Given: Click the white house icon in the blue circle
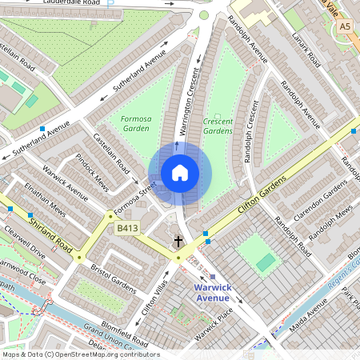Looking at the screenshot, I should click(x=180, y=173).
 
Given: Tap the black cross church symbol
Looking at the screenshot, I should click(x=178, y=241).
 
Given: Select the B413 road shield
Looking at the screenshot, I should click(x=128, y=229).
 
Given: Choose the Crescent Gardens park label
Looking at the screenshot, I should click(x=218, y=125).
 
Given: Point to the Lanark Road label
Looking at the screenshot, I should click(x=305, y=50).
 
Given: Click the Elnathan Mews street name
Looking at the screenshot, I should click(x=46, y=201).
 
